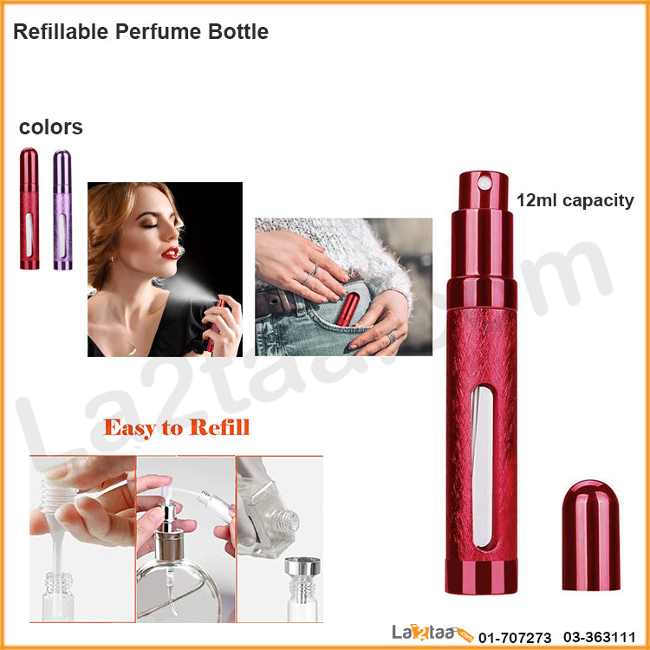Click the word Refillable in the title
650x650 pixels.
click(61, 31)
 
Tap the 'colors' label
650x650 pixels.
click(51, 127)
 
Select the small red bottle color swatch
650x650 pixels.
click(29, 209)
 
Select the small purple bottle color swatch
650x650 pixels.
click(62, 210)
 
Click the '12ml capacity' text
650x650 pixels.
click(575, 201)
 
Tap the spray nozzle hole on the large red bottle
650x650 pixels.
click(484, 183)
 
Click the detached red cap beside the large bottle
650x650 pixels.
click(591, 536)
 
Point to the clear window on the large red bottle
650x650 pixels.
click(482, 467)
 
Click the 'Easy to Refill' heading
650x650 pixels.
click(177, 428)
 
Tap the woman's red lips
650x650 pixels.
click(171, 252)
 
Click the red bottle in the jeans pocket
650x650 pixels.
click(348, 309)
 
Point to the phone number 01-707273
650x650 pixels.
click(515, 637)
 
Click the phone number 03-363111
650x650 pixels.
click(600, 637)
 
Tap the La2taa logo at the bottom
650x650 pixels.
click(432, 634)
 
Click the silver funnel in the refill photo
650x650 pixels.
click(302, 566)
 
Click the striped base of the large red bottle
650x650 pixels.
click(481, 576)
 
